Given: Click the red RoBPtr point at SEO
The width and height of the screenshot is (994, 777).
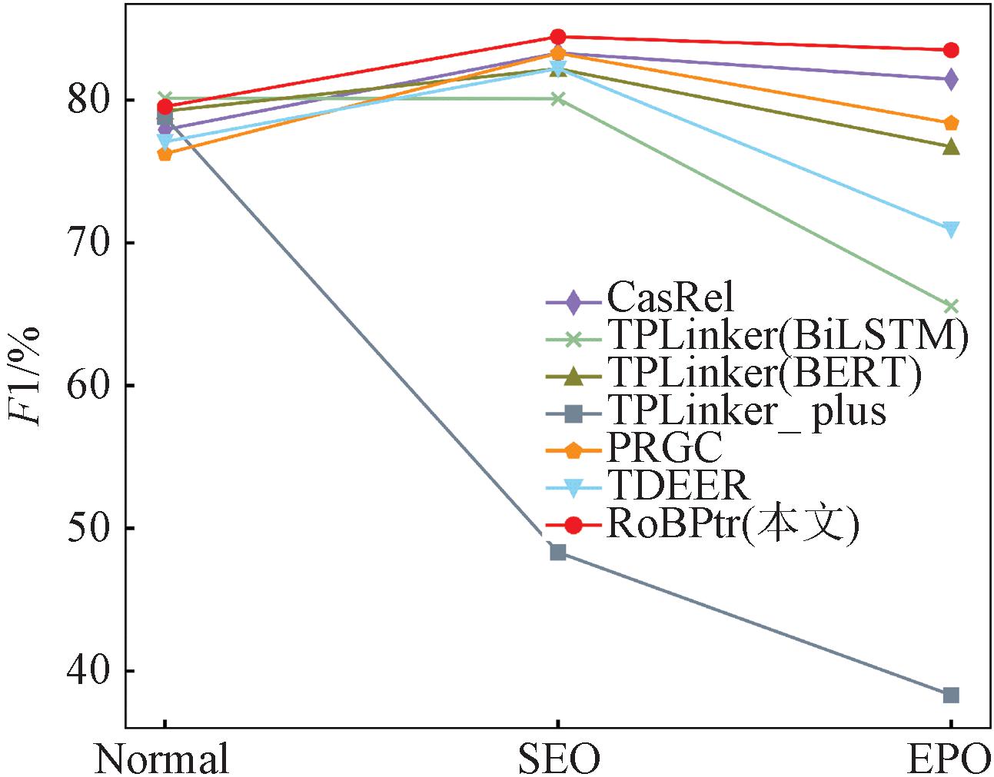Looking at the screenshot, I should pyautogui.click(x=558, y=37).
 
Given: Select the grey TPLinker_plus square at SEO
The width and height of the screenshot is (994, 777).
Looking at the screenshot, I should pyautogui.click(x=558, y=552).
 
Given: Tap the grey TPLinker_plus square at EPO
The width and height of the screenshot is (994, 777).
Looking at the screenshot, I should pyautogui.click(x=951, y=695).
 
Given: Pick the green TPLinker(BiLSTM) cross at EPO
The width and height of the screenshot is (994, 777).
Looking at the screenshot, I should pyautogui.click(x=951, y=307).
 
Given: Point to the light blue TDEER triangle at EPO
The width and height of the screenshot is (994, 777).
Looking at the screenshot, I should pyautogui.click(x=951, y=230).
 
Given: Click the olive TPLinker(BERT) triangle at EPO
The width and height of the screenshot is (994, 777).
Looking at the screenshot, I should pyautogui.click(x=951, y=146).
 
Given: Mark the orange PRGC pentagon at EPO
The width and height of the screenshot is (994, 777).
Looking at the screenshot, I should pyautogui.click(x=951, y=123).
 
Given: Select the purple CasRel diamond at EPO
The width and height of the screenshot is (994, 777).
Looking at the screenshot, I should pyautogui.click(x=951, y=79).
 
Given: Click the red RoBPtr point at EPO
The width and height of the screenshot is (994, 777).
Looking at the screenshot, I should pyautogui.click(x=951, y=51).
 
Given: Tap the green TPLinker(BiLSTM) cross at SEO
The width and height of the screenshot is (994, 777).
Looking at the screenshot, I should pyautogui.click(x=558, y=98).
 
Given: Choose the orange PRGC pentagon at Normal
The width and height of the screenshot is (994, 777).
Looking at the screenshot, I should pyautogui.click(x=165, y=154).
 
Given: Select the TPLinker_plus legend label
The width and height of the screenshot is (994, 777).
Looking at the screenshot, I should pyautogui.click(x=746, y=410).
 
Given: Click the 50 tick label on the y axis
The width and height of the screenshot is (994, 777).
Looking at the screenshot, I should pyautogui.click(x=89, y=528).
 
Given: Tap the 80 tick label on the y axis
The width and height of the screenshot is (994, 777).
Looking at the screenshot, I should pyautogui.click(x=89, y=101).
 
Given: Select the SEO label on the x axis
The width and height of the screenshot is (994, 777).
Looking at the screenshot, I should pyautogui.click(x=558, y=759).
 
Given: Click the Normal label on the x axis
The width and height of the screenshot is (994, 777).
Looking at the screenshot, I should pyautogui.click(x=162, y=759).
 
